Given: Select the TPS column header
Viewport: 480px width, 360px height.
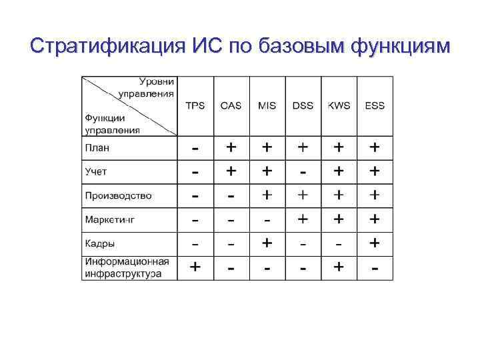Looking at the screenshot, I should pos(195,106).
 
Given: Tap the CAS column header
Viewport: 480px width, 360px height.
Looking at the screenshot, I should pos(231,106).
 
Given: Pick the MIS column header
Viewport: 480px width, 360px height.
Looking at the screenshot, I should pos(267,106).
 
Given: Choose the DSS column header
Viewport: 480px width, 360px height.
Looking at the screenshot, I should pos(303,106).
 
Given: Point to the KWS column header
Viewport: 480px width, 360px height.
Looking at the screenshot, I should pos(339,106).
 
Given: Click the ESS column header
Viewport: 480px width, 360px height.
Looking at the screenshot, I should pos(375,106).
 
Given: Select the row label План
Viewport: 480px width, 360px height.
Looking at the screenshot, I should pos(97,147).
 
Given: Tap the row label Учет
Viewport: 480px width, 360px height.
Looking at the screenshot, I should pos(96,171).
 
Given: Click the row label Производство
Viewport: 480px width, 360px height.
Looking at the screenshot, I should pos(118,195).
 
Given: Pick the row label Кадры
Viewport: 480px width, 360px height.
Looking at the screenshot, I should pos(99,243).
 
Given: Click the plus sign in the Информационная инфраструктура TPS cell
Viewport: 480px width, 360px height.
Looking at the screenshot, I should pos(195,267).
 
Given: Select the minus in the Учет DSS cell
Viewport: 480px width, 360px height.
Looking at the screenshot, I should pos(303,172).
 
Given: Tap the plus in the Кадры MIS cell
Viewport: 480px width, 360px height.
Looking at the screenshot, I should pos(267,243).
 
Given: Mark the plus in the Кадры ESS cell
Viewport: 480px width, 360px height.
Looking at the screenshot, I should pos(375,243).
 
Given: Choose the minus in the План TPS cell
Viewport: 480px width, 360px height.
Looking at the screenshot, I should pos(195,147).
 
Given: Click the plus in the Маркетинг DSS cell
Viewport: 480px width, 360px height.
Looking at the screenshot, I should pos(303,219).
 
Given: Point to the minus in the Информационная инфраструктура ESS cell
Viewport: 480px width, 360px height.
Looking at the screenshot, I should pos(375,269).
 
